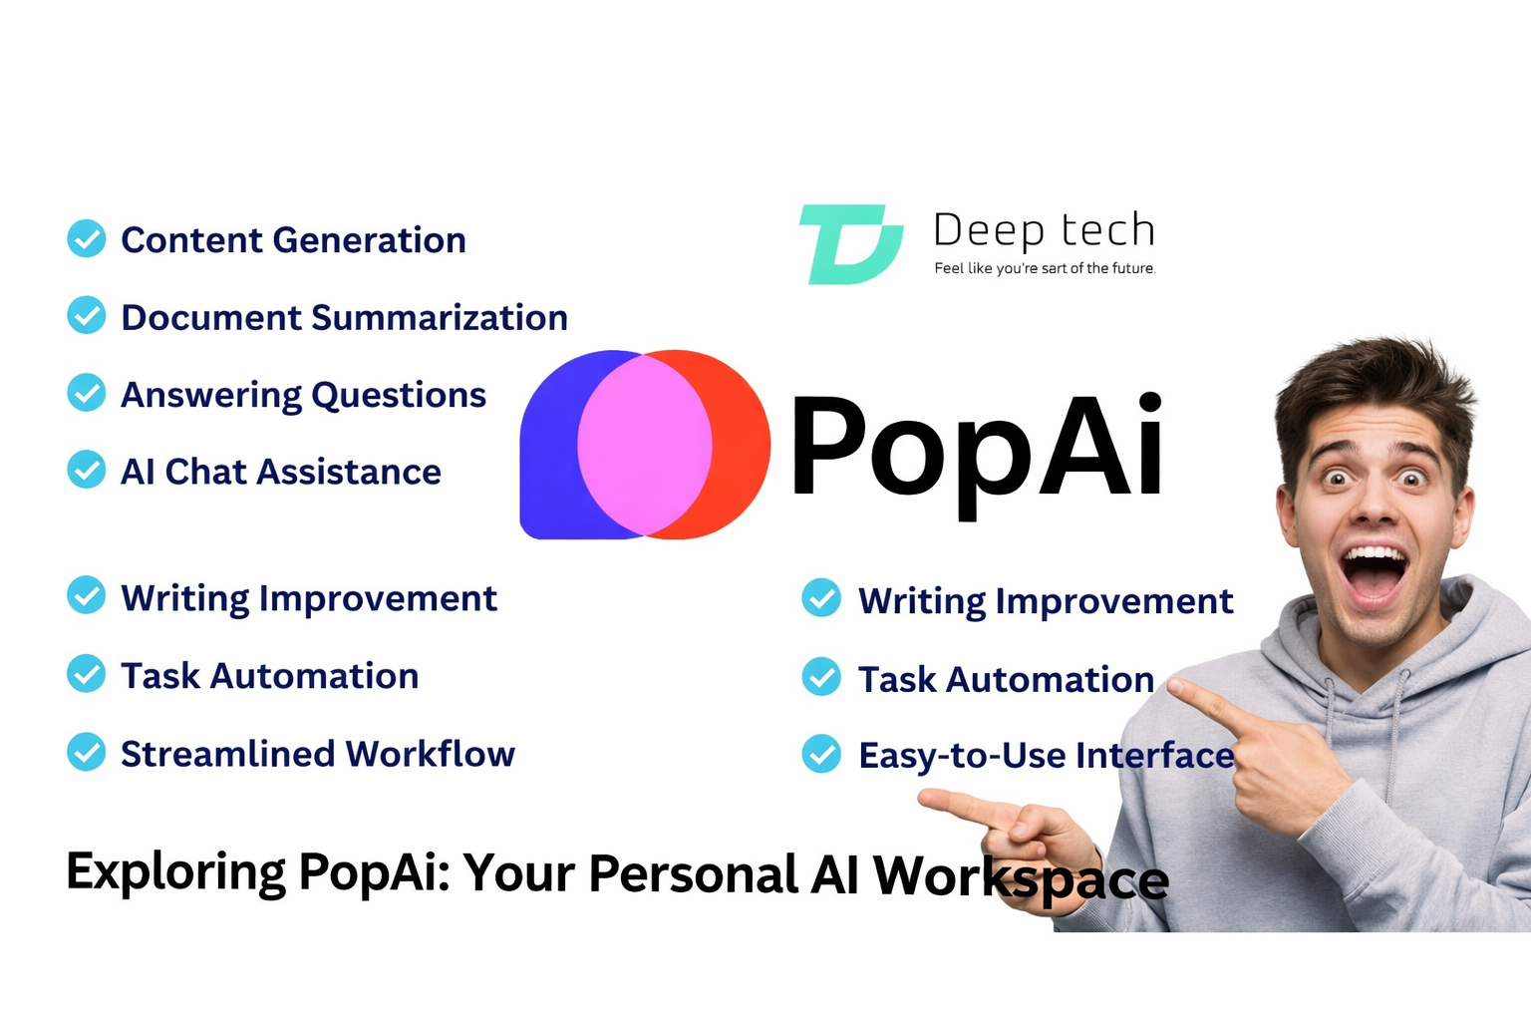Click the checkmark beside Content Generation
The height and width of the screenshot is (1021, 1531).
point(87,238)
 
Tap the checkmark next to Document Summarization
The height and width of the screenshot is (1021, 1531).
point(87,315)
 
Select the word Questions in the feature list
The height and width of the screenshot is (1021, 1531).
point(399,396)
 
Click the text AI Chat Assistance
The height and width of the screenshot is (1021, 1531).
point(281,472)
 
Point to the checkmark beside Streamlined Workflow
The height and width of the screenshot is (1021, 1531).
point(87,752)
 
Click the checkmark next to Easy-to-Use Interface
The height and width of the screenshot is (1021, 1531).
point(821,754)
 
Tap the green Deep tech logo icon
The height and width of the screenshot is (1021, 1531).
point(850,244)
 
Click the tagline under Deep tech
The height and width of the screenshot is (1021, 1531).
point(1044,268)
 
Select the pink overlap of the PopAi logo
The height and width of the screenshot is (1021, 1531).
point(645,445)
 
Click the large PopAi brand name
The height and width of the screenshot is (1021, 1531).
point(977,447)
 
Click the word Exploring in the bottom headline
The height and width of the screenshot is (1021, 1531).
point(175,872)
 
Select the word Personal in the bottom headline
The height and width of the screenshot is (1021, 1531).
point(693,874)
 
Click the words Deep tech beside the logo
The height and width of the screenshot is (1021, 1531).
point(1044,229)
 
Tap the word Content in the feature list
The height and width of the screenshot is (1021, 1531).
point(191,240)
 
